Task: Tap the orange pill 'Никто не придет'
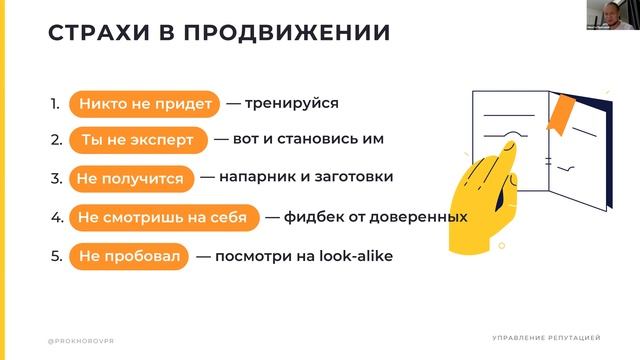(139, 102)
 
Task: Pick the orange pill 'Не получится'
(130, 178)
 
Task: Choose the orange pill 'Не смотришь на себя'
(165, 217)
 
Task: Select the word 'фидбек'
(311, 216)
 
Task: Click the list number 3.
(56, 178)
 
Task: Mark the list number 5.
(56, 256)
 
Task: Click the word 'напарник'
(261, 177)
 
